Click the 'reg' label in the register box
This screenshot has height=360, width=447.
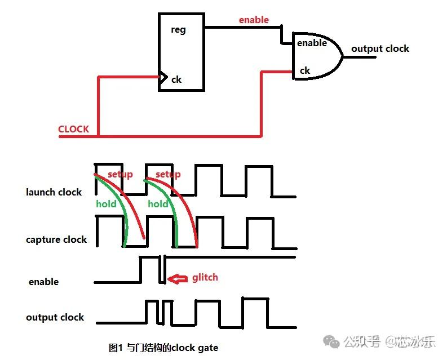tap(178, 30)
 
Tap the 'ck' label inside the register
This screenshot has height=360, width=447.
tap(176, 79)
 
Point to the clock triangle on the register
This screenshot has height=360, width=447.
tap(163, 79)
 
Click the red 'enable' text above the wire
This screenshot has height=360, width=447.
tap(254, 20)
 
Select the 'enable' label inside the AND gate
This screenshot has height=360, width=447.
tap(312, 43)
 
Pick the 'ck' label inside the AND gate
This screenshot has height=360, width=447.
tap(304, 70)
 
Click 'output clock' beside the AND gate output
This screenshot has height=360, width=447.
tap(380, 48)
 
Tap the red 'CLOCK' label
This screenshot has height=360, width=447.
tap(73, 129)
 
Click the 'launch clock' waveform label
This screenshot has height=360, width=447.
tap(54, 192)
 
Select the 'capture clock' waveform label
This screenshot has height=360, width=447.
tap(56, 239)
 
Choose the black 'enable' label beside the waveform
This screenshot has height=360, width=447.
tap(43, 282)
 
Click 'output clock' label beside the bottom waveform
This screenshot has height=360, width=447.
tap(55, 317)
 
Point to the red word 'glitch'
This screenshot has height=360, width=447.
tap(205, 277)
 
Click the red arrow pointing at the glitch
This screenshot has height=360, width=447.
tap(179, 278)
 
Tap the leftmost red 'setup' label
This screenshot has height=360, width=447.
tap(120, 174)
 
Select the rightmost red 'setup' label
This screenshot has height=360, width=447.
tap(168, 174)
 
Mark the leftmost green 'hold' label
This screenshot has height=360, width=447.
tap(106, 203)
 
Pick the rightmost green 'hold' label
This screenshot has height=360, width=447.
tap(158, 203)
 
